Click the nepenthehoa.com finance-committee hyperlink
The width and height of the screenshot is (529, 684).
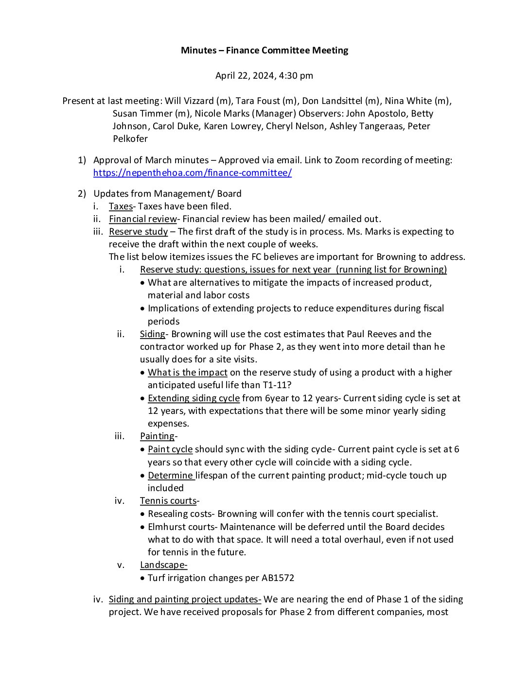[193, 173]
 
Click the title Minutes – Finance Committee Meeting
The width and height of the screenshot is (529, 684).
[264, 50]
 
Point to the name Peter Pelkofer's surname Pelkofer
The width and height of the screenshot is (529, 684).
[130, 139]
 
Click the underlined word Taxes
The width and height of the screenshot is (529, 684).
[121, 206]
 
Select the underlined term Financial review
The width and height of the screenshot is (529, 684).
[143, 219]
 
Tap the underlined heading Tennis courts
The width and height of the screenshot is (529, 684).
[168, 501]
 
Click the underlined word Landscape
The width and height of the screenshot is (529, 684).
[163, 565]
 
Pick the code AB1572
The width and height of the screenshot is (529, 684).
[278, 578]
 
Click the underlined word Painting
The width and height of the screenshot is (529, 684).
[157, 436]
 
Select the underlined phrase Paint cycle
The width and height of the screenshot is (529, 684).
[170, 449]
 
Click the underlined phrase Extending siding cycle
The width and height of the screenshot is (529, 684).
[194, 398]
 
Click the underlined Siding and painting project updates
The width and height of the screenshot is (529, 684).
[185, 599]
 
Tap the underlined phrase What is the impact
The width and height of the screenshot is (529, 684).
[188, 373]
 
